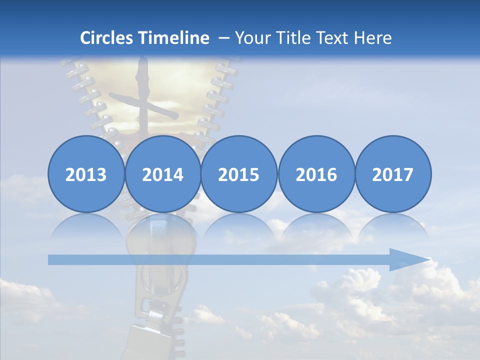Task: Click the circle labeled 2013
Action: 86,174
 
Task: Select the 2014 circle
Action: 162,174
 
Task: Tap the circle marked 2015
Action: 239,174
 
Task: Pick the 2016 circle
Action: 316,174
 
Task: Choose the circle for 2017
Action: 393,174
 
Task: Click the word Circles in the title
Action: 106,38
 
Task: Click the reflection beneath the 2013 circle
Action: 86,227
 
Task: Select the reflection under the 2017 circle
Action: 393,227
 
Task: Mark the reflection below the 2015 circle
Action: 239,227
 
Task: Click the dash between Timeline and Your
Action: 223,38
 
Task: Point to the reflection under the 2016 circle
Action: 316,227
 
